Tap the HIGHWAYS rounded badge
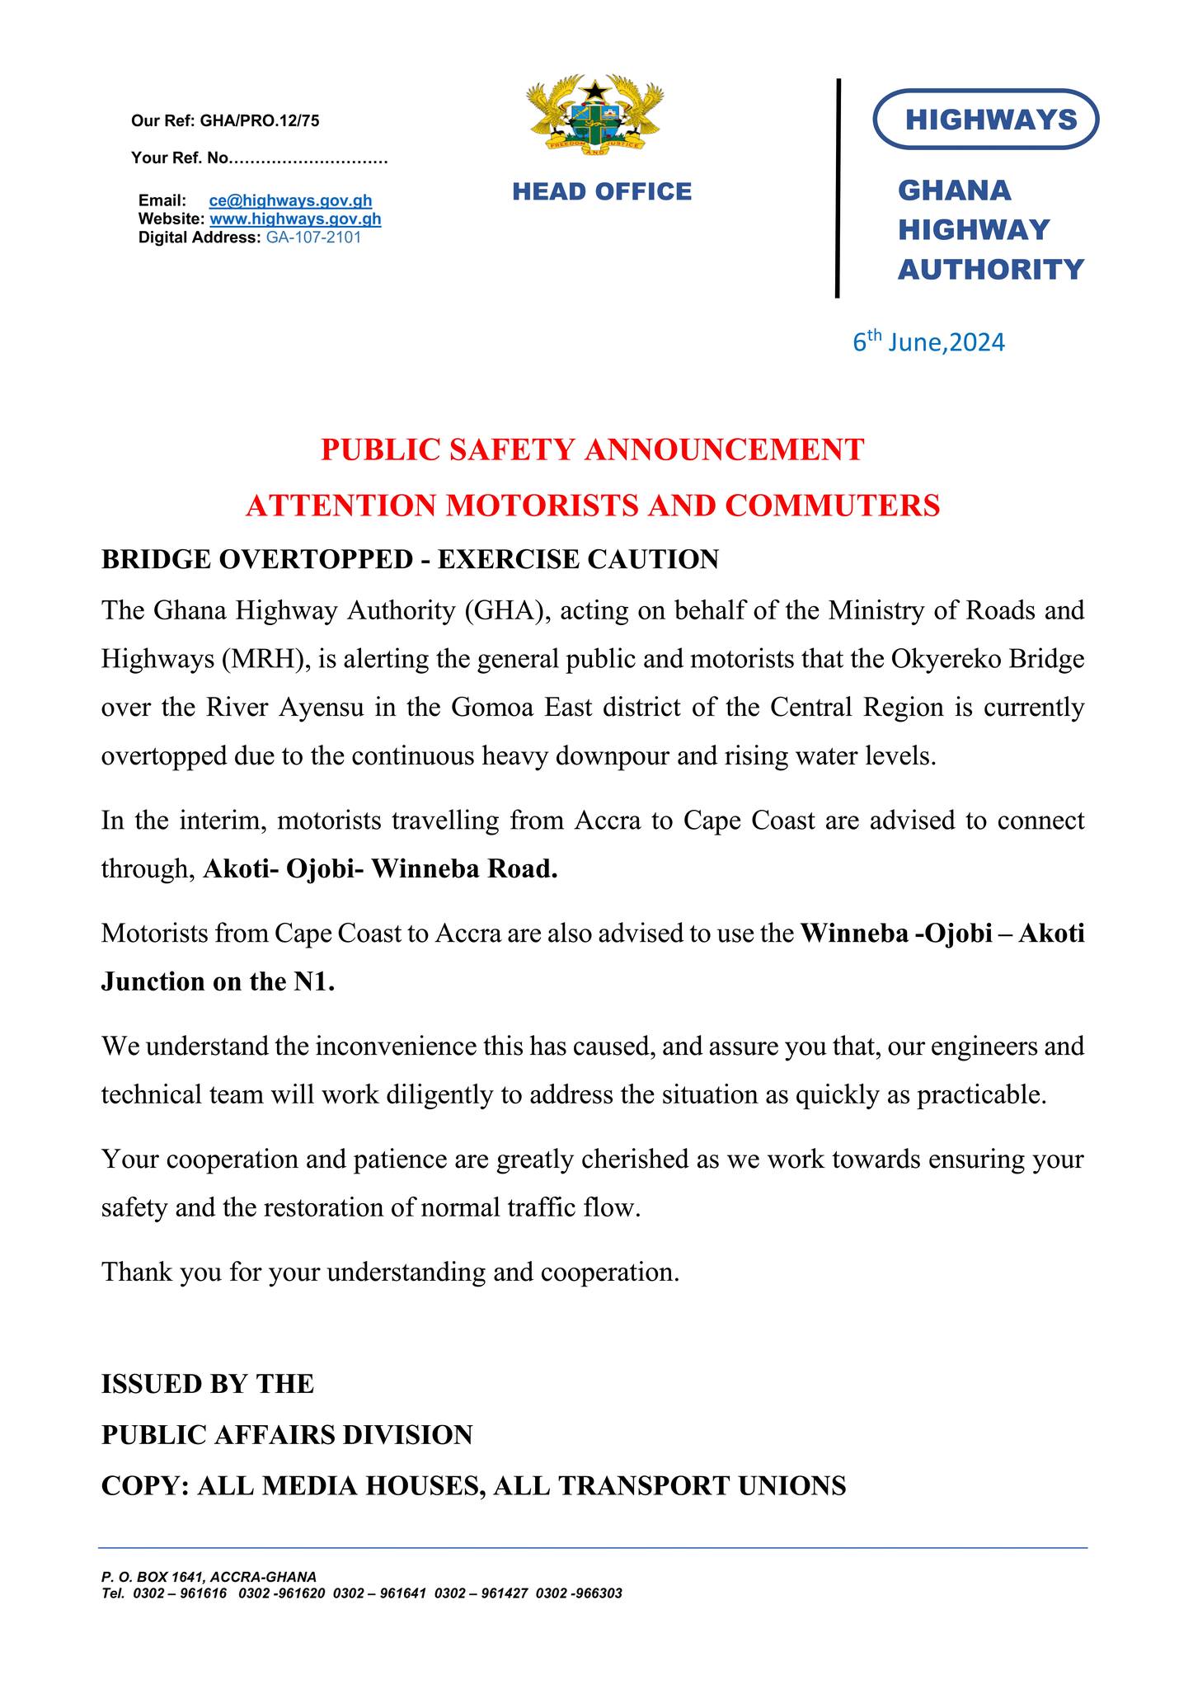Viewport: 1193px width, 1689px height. (985, 120)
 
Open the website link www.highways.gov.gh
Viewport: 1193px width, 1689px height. (295, 219)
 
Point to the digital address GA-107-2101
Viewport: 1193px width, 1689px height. (313, 238)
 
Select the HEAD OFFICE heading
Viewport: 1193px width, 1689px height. (602, 191)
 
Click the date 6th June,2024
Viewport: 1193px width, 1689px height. (928, 341)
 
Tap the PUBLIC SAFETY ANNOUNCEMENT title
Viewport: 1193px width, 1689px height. (592, 449)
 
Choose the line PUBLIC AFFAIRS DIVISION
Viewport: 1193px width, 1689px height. (287, 1435)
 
